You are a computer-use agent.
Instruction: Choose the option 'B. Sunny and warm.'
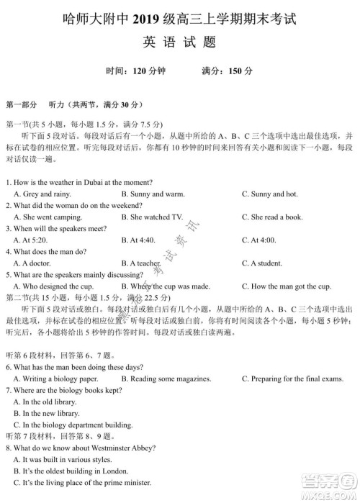click(x=153, y=194)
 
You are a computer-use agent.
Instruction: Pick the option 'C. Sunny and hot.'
click(x=269, y=194)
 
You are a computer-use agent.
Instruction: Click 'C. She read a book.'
click(x=272, y=217)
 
